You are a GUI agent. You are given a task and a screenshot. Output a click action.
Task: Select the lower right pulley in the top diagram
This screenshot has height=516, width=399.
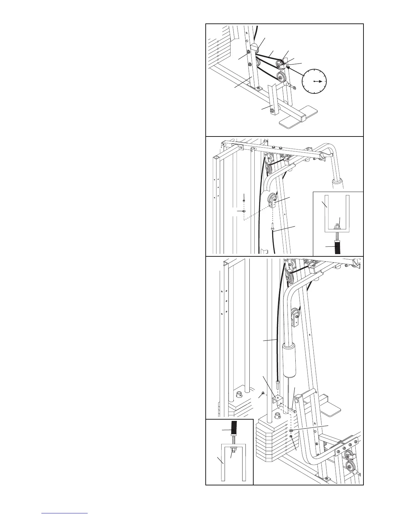[x=281, y=77]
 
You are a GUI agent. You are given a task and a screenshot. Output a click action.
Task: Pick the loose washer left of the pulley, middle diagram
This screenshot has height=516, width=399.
[x=244, y=211]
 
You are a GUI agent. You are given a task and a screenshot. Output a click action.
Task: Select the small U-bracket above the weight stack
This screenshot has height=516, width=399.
[x=277, y=399]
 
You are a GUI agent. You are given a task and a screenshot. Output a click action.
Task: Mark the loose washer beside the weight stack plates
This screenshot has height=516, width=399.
[x=291, y=431]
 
